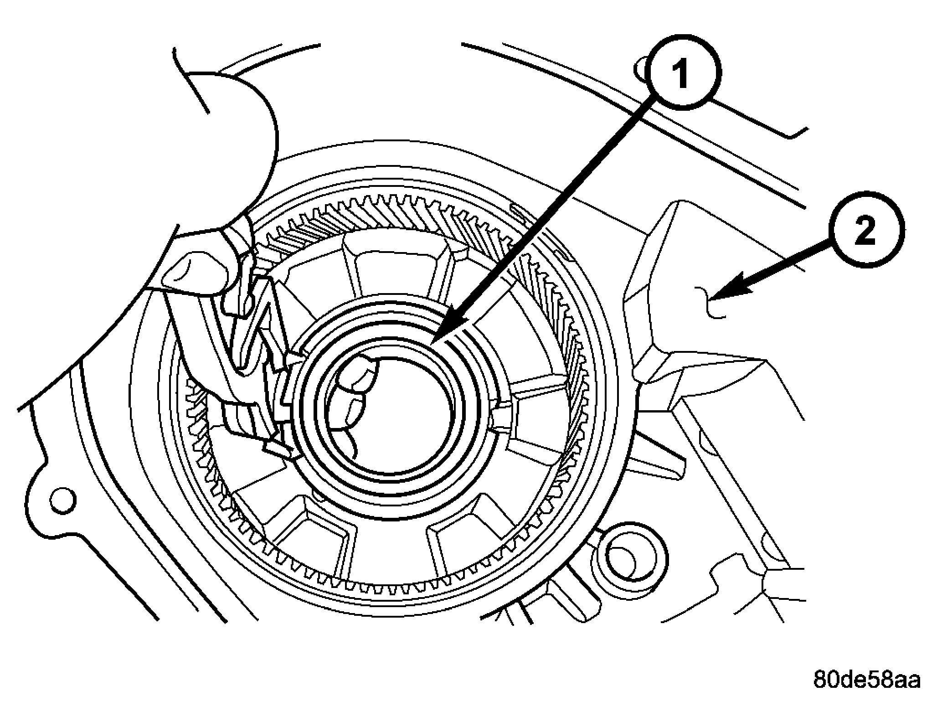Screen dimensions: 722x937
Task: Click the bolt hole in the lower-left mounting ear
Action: pyautogui.click(x=62, y=500)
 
